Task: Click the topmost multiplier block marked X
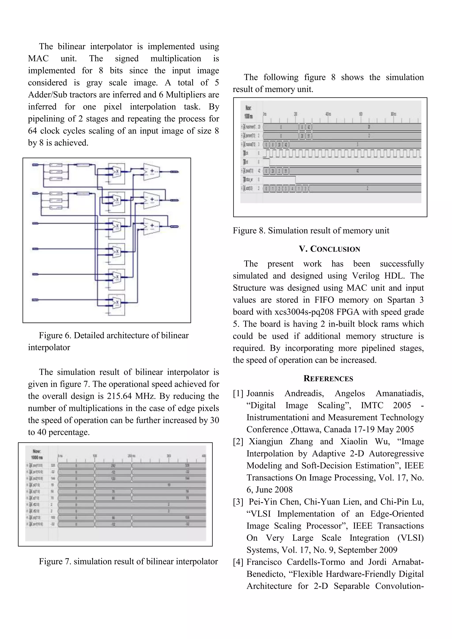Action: click(x=117, y=172)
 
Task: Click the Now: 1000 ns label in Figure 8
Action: click(x=248, y=112)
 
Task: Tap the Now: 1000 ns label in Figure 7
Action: click(x=37, y=454)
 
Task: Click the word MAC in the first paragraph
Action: click(x=38, y=59)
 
